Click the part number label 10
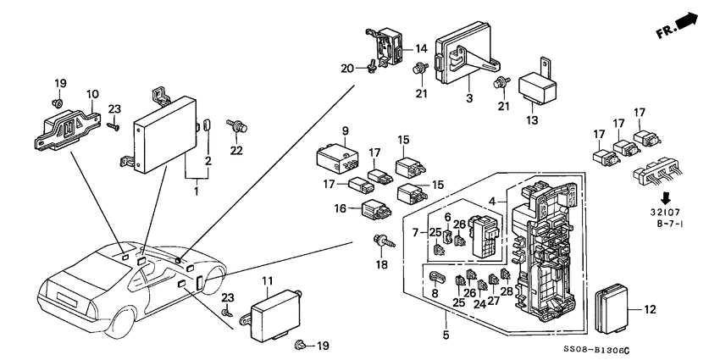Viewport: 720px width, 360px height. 93,93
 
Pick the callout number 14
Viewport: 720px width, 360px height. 422,49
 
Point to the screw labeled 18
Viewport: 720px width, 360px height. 380,244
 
